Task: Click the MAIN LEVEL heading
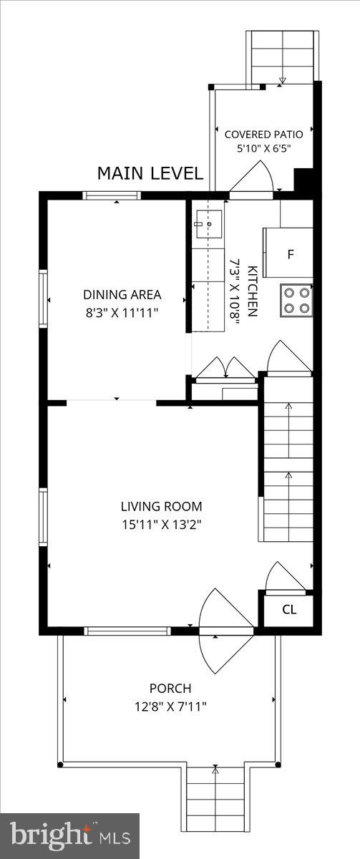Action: coord(150,173)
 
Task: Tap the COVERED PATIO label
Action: coord(264,135)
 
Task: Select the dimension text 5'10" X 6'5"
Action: coord(264,148)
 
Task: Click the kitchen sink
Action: coord(208,223)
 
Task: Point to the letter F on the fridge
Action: coord(291,254)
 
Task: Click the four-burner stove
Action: coord(296,300)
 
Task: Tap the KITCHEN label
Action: coord(252,291)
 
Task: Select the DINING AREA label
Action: coord(122,295)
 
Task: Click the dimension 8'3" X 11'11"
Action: coord(122,313)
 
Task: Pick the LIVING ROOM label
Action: coord(162,506)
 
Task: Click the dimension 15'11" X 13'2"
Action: coord(162,524)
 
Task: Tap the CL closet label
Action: coord(289,609)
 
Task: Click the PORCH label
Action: coord(170,689)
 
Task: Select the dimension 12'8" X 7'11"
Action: coord(170,707)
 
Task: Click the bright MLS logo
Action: coord(70,833)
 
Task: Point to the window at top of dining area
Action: coord(112,195)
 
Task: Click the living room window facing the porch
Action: coord(127,631)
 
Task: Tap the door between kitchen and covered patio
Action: coord(251,180)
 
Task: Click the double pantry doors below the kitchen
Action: coord(225,370)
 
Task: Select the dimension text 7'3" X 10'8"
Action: coord(234,292)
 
